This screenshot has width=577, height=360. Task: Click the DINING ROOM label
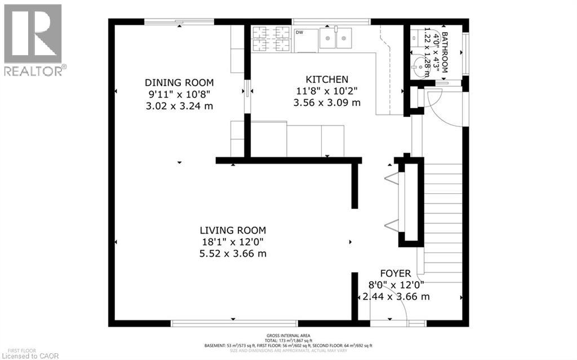pos(179,82)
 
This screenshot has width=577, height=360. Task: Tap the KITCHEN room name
pos(327,79)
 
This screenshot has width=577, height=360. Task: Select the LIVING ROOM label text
pos(233,230)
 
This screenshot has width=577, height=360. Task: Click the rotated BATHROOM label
pos(445,53)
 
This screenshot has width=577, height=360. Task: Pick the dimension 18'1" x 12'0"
pos(233,242)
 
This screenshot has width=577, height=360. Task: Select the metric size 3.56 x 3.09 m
pos(327,103)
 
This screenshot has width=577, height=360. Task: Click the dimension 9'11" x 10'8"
pos(179,94)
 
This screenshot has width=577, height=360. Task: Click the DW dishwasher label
pos(299,33)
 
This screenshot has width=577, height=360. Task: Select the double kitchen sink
pos(336,38)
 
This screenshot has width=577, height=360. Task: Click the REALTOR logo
pos(33,39)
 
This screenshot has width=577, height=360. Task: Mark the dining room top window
pos(180,21)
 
